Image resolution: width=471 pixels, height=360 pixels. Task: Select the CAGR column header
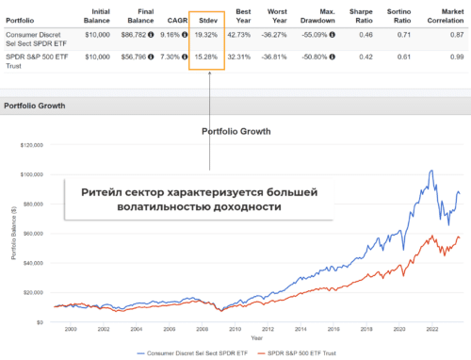169,19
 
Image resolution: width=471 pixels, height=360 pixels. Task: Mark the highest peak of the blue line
430,171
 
